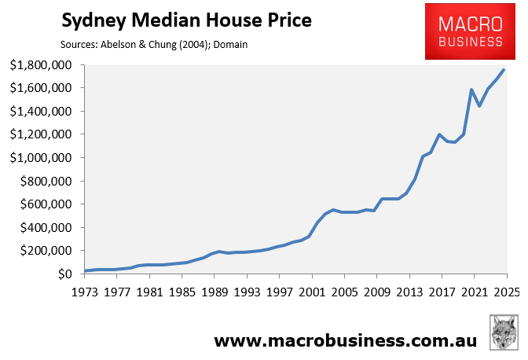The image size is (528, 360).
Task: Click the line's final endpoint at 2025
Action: click(504, 70)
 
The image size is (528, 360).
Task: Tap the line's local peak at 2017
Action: click(439, 134)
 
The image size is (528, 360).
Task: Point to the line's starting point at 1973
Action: click(85, 271)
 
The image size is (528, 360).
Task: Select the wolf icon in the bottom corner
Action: click(503, 333)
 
